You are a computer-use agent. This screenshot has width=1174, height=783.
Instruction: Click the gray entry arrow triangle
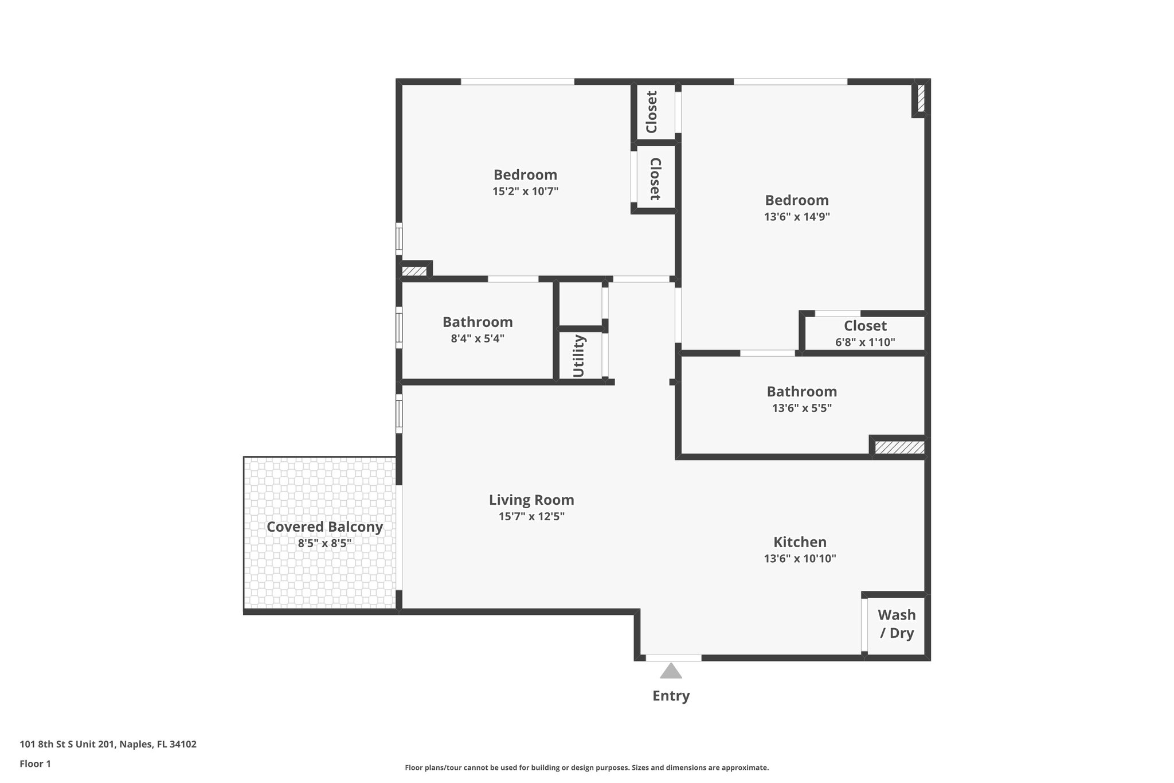(x=671, y=671)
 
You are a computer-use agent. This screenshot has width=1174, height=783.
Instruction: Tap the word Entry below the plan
(x=671, y=696)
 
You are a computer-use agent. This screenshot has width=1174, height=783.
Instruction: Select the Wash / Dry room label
(x=897, y=624)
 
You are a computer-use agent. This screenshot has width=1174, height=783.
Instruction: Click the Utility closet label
(x=578, y=356)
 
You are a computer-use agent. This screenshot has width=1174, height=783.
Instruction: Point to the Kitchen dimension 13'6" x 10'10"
(x=800, y=559)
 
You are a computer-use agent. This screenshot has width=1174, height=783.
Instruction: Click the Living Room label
(x=531, y=500)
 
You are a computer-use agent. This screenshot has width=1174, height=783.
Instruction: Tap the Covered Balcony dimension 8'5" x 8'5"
(x=324, y=543)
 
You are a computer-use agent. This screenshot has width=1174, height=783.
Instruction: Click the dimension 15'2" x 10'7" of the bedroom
(x=525, y=191)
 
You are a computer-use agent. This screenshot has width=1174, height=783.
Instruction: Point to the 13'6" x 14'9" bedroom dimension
(x=797, y=217)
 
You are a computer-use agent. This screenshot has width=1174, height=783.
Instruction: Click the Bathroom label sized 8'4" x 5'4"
(x=478, y=322)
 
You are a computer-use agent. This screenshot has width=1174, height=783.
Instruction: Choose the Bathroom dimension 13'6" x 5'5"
(x=801, y=408)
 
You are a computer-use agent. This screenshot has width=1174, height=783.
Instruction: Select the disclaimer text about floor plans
(x=586, y=768)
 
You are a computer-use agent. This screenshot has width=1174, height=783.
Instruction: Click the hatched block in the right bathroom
(x=899, y=447)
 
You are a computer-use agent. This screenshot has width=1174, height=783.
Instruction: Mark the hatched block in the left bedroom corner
(x=413, y=271)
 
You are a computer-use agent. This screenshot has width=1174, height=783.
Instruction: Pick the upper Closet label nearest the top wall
(x=652, y=112)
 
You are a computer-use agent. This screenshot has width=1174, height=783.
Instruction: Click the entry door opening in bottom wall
(x=673, y=658)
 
